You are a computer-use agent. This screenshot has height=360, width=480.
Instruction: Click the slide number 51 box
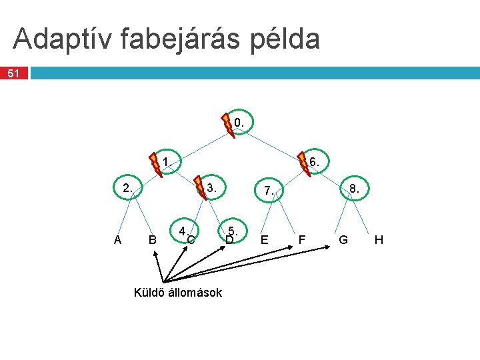tap(14, 73)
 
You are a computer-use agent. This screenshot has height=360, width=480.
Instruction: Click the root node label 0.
tap(239, 123)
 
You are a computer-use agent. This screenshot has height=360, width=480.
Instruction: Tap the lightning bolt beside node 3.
tap(199, 188)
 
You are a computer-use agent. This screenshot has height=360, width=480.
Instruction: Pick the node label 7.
tap(269, 191)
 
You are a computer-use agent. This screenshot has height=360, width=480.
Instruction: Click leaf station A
tap(117, 240)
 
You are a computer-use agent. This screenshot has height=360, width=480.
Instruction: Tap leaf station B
tap(153, 240)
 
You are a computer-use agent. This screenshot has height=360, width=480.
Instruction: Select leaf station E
tap(265, 239)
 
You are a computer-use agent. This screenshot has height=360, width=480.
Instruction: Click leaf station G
tap(343, 239)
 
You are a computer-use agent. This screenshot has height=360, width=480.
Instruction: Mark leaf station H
tap(379, 239)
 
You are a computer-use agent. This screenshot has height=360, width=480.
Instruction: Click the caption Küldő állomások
tap(178, 292)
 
